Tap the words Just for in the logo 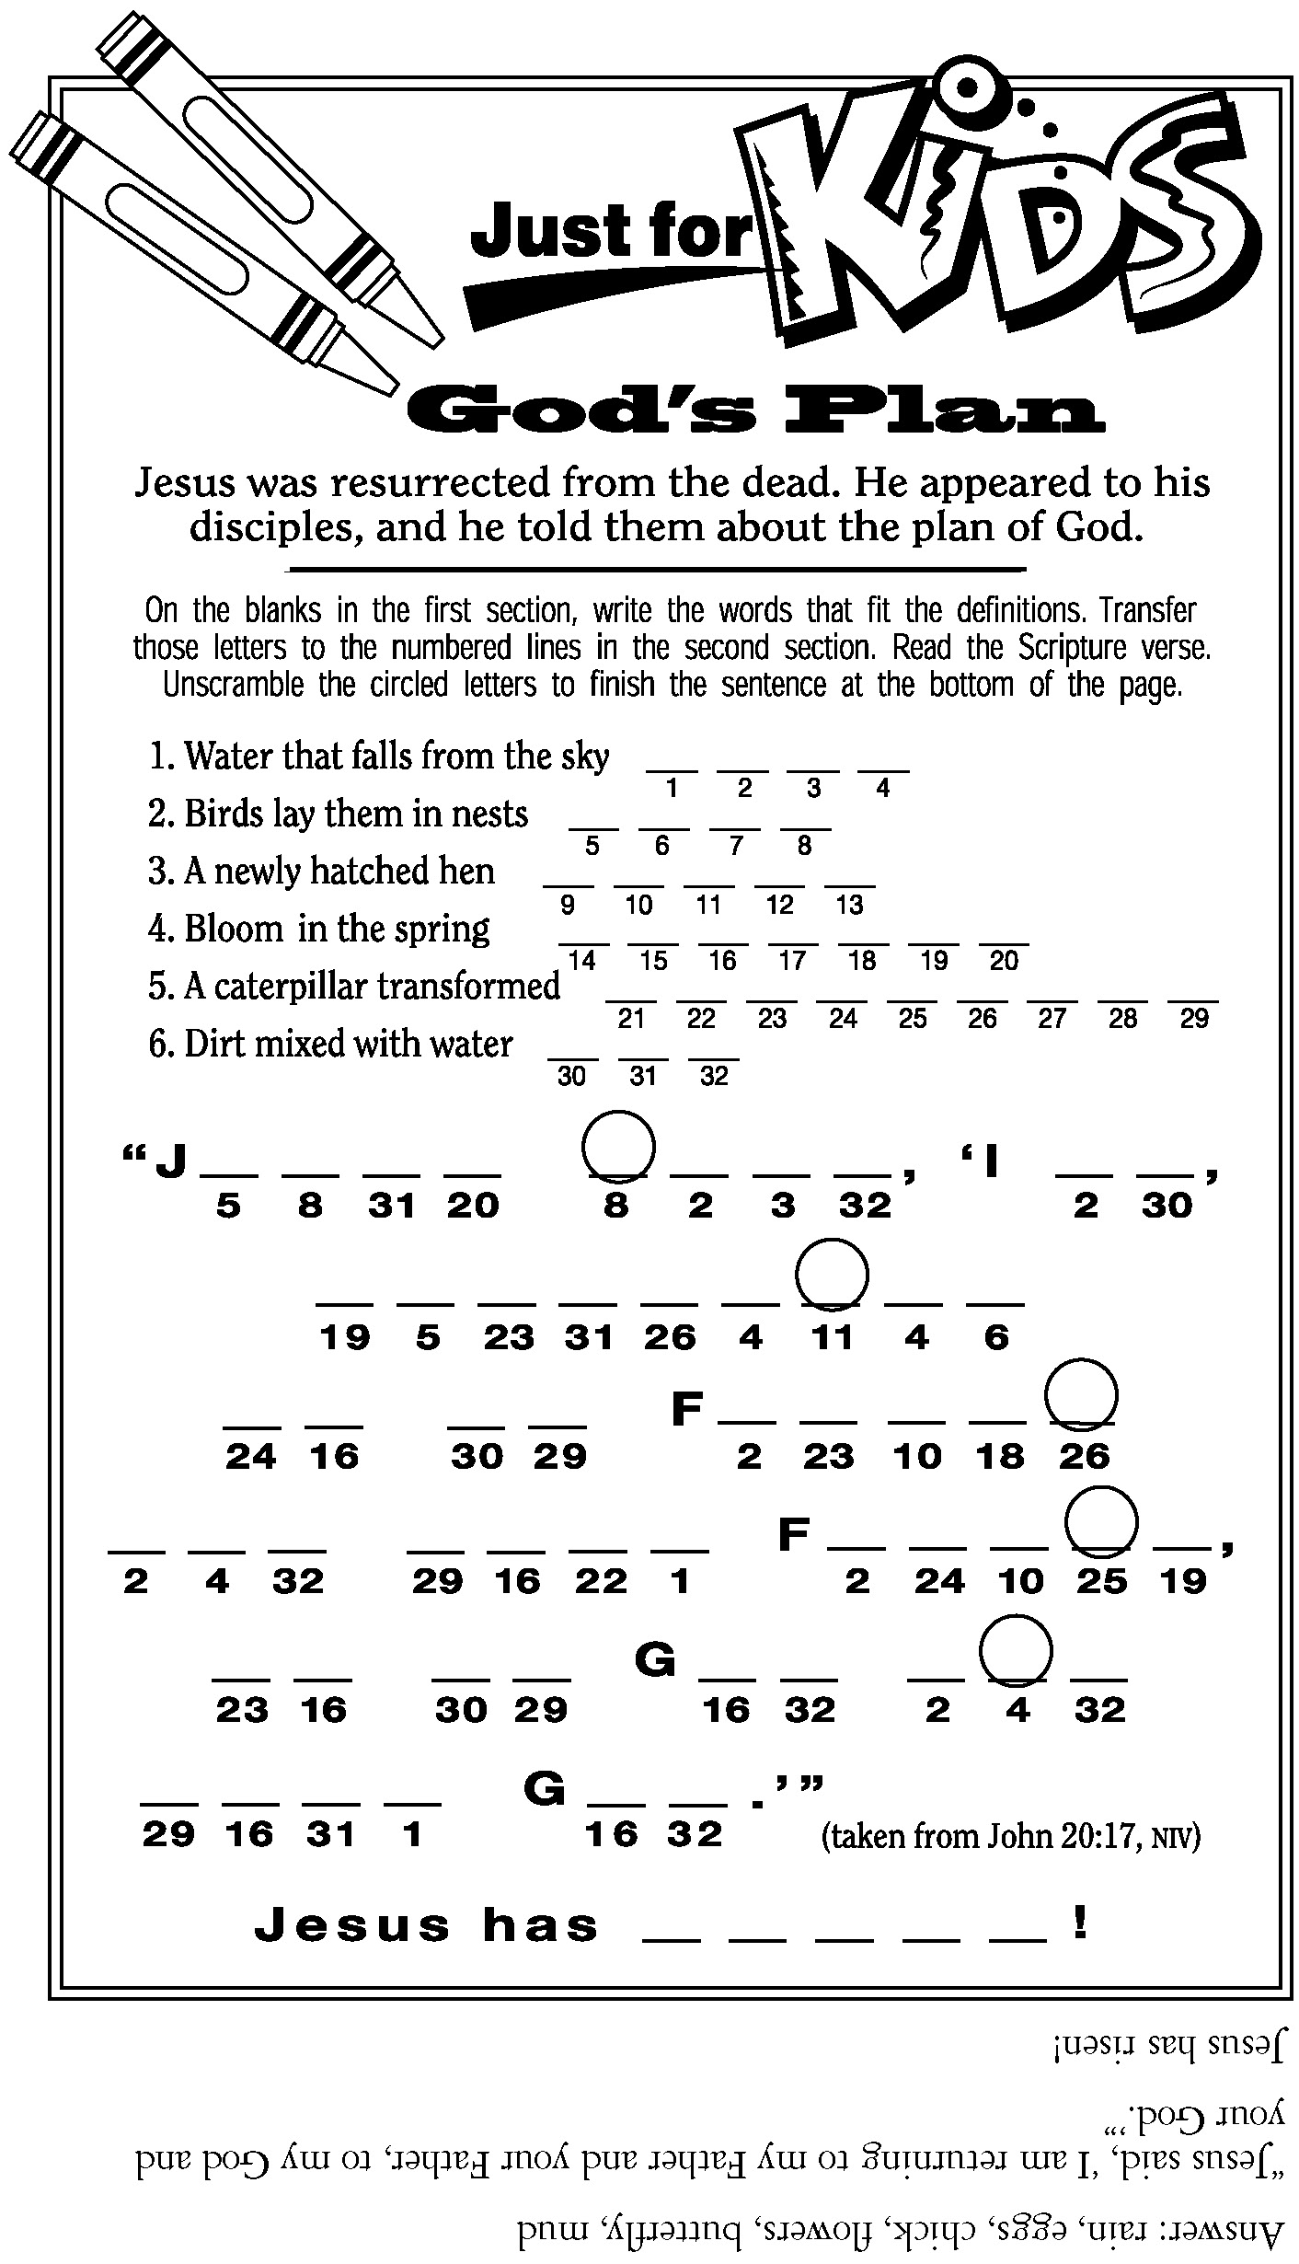pyautogui.click(x=612, y=230)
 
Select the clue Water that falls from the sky pyautogui.click(x=378, y=757)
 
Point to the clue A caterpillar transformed pyautogui.click(x=354, y=987)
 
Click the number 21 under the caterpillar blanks pyautogui.click(x=631, y=1019)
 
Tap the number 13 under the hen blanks pyautogui.click(x=849, y=906)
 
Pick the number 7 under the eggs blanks pyautogui.click(x=735, y=847)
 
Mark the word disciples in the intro pyautogui.click(x=275, y=527)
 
